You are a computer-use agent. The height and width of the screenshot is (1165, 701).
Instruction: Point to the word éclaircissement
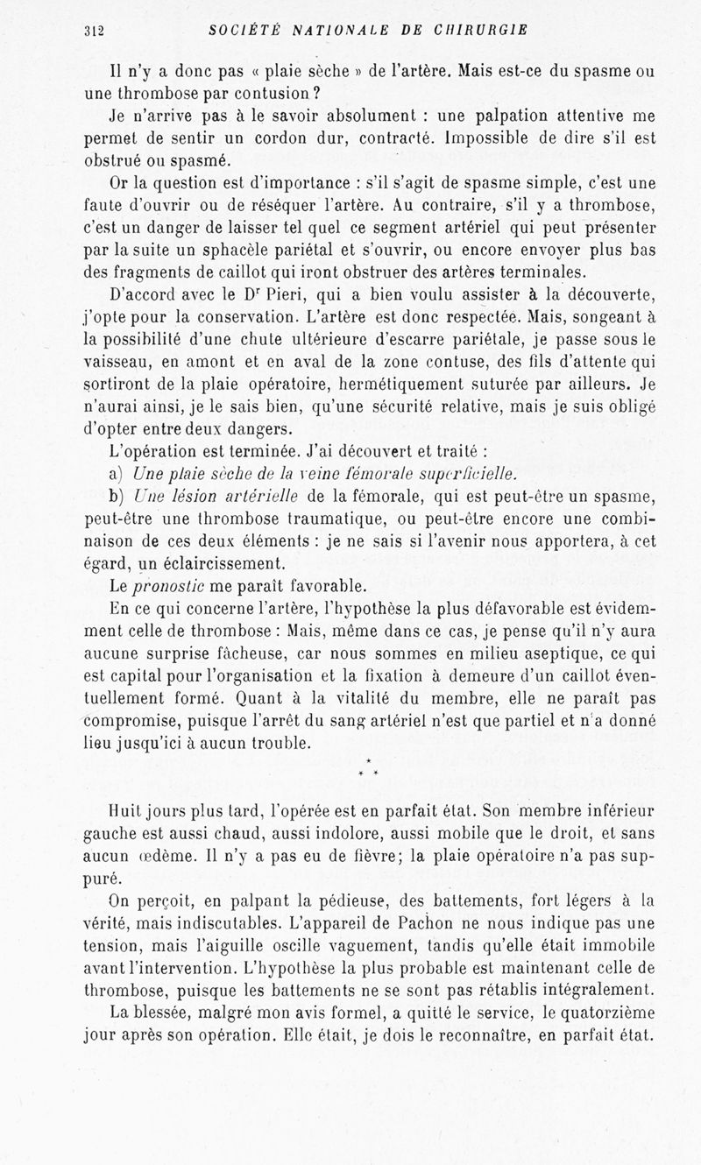pos(186,563)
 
